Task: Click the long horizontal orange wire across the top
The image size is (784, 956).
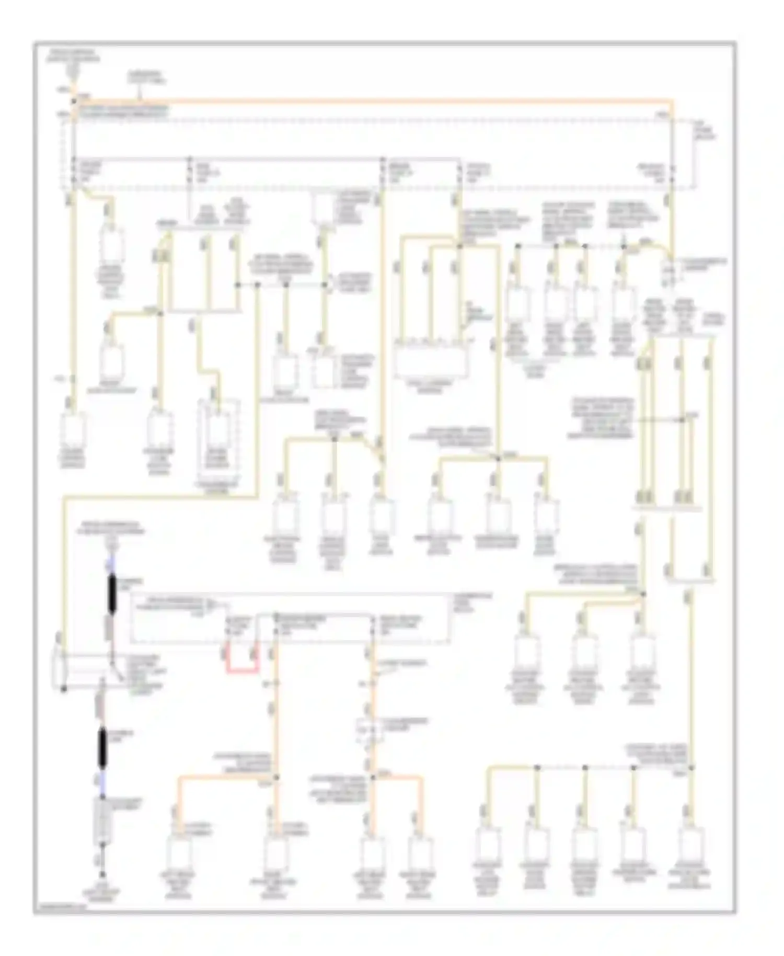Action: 366,100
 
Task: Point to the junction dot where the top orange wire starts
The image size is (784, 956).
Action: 74,100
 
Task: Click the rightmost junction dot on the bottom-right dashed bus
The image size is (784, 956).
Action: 691,767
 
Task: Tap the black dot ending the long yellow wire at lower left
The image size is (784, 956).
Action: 64,689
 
